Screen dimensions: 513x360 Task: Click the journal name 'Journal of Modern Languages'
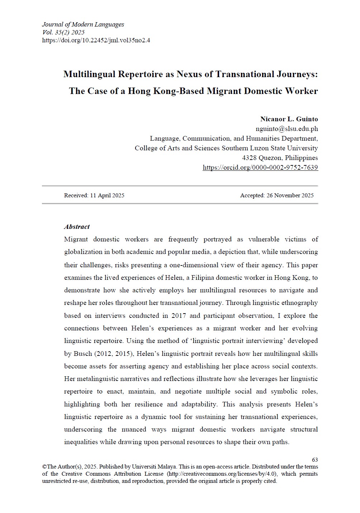click(83, 24)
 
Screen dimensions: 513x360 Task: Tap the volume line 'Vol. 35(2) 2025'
click(63, 32)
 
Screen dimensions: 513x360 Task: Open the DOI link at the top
click(96, 40)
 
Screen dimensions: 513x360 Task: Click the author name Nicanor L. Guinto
click(289, 119)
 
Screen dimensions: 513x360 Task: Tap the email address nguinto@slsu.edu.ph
click(286, 129)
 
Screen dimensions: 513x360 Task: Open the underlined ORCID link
click(260, 168)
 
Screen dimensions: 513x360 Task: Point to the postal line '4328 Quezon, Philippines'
click(280, 158)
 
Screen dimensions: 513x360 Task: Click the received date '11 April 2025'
click(107, 196)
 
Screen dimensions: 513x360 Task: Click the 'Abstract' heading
click(77, 227)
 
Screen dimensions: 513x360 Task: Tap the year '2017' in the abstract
click(179, 316)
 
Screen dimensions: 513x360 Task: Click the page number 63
click(315, 460)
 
